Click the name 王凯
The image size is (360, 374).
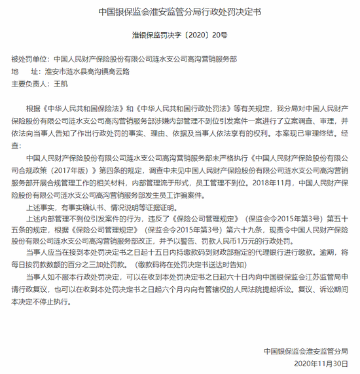60,83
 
